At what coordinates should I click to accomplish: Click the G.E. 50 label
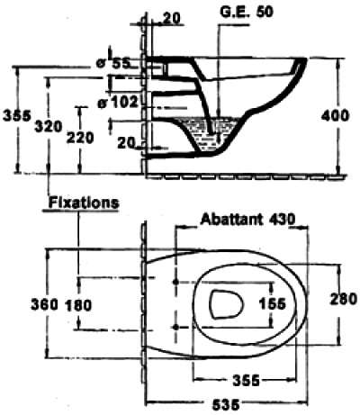(x=247, y=12)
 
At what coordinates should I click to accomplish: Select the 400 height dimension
(x=335, y=116)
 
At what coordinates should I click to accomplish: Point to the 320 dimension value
(x=48, y=127)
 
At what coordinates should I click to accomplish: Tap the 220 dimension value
(x=80, y=138)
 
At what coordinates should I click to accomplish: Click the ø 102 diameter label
(x=118, y=103)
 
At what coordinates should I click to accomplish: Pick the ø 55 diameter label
(x=112, y=63)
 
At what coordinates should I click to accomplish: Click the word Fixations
(x=84, y=203)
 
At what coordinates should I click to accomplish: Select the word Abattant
(x=231, y=220)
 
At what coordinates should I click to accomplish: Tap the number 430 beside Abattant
(x=282, y=220)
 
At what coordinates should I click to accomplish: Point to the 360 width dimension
(x=44, y=305)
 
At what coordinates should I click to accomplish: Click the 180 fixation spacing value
(x=78, y=306)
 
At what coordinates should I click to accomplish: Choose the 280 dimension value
(x=344, y=299)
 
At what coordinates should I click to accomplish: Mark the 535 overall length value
(x=226, y=405)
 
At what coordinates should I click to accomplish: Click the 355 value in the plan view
(x=246, y=381)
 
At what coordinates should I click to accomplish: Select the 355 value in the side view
(x=17, y=116)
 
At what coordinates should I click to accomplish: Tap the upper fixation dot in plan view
(x=176, y=282)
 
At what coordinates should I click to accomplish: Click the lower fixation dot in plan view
(x=176, y=327)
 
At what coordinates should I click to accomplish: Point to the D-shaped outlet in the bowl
(x=226, y=304)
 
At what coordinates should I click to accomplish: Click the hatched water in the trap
(x=210, y=133)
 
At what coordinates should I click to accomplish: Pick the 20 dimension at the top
(x=171, y=19)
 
